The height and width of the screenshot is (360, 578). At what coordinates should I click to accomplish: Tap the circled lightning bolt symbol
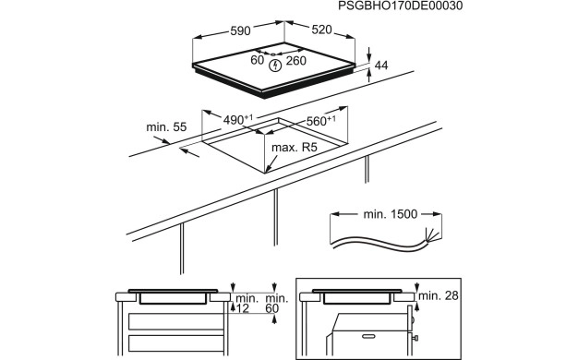point(275,65)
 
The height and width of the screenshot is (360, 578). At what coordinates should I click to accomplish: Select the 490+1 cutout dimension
point(238,120)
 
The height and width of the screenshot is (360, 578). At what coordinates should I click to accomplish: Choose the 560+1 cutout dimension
point(320,120)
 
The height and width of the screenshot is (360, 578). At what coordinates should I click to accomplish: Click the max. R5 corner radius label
point(295,148)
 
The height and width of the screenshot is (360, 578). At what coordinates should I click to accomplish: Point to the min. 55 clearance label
point(166,126)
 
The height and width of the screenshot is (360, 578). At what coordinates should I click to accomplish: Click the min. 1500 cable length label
point(387,214)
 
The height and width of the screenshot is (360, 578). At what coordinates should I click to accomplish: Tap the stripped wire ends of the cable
point(430,235)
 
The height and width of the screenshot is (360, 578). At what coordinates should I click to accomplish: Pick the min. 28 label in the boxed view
point(437,294)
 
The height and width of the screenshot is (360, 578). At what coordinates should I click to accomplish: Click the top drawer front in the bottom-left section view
point(175,321)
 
